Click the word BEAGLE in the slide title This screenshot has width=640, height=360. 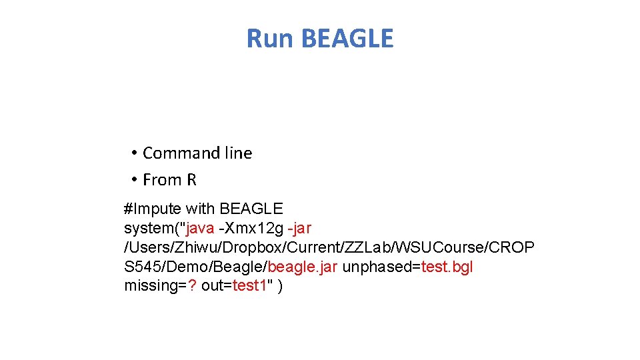click(347, 39)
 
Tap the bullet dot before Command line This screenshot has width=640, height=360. click(134, 153)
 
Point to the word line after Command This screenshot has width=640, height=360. click(238, 153)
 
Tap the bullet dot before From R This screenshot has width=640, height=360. click(134, 180)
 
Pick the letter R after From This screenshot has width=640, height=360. click(191, 180)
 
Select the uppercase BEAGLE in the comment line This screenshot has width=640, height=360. click(251, 209)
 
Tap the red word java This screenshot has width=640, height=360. click(201, 229)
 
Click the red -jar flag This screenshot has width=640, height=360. click(299, 229)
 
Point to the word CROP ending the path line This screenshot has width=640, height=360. click(511, 248)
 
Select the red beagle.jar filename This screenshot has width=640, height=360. click(303, 267)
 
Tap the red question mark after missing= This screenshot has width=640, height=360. click(189, 287)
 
